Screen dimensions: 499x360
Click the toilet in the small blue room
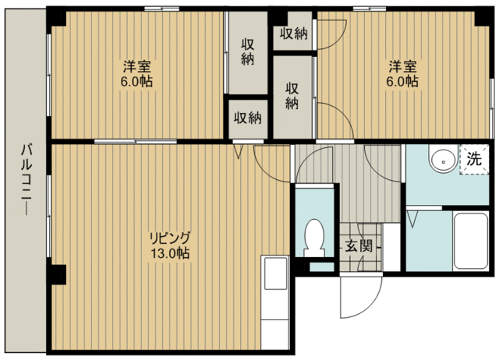click(314, 238)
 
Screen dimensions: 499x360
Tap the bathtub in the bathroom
click(471, 241)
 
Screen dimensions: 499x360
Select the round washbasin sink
click(443, 159)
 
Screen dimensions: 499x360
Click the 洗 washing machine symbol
click(474, 159)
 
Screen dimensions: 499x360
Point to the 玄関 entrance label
click(359, 245)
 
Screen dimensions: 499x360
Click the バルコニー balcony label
click(27, 180)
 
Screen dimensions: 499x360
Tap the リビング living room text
click(170, 238)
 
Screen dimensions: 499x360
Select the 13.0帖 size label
click(170, 253)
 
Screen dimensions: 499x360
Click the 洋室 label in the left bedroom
click(137, 67)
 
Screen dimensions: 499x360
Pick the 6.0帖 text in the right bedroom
click(402, 81)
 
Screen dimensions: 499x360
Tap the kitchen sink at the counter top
click(275, 274)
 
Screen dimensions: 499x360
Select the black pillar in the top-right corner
click(483, 17)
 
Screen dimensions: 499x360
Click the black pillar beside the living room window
click(56, 274)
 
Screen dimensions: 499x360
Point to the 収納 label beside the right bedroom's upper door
click(293, 33)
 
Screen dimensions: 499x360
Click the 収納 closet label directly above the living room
click(248, 118)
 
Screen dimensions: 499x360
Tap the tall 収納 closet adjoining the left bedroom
click(248, 52)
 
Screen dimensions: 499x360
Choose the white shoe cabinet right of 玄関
click(391, 247)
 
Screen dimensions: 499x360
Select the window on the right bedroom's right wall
click(492, 108)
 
